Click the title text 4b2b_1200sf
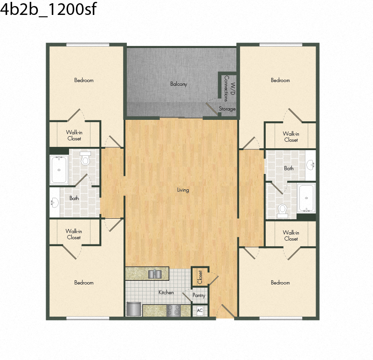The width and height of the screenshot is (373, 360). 48,9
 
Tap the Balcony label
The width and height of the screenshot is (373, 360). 179,84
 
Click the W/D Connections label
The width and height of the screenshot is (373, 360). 229,89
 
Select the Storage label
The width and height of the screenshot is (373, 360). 227,109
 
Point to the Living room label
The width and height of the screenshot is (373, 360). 183,190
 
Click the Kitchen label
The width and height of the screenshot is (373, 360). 166,292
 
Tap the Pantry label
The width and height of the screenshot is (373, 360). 199,295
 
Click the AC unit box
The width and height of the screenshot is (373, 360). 200,311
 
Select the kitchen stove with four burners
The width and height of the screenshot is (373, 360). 173,310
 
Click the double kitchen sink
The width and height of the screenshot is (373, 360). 155,274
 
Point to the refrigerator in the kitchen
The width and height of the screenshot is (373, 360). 134,309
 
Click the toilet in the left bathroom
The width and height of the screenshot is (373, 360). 85,159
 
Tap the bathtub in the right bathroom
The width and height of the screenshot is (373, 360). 306,198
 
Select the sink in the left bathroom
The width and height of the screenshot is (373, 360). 55,203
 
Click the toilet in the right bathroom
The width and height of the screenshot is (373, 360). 283,211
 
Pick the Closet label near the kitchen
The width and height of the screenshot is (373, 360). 200,277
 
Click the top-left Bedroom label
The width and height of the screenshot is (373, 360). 84,80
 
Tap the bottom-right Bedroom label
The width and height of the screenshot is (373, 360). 280,283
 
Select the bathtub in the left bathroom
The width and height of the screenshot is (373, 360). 59,170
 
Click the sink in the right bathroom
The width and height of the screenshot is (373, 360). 311,165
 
